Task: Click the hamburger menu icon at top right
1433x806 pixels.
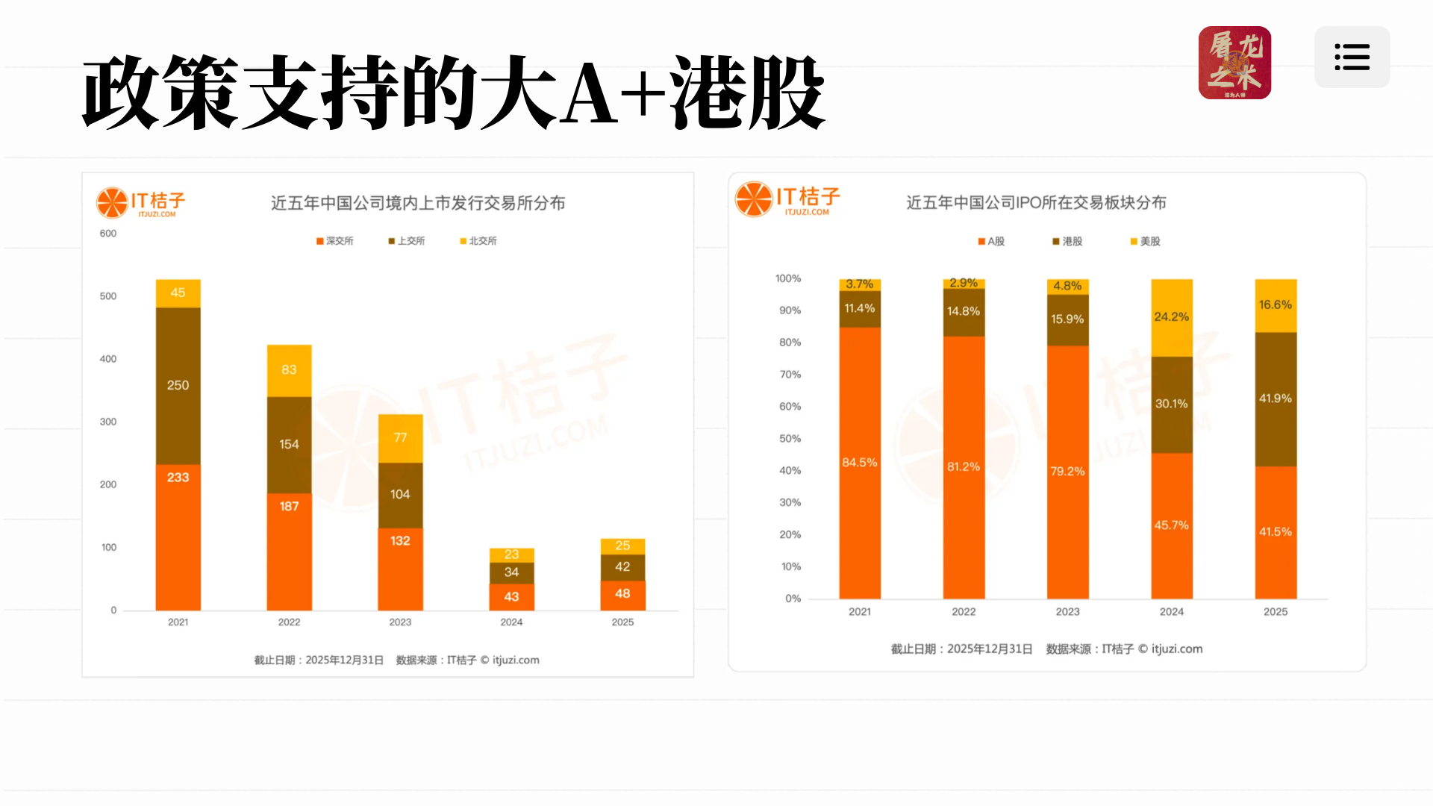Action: pyautogui.click(x=1352, y=57)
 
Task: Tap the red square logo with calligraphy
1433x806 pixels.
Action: pyautogui.click(x=1234, y=63)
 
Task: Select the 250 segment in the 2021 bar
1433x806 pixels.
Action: pyautogui.click(x=178, y=386)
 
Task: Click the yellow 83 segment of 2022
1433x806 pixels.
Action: pyautogui.click(x=289, y=370)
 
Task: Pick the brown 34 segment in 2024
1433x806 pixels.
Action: pyautogui.click(x=511, y=572)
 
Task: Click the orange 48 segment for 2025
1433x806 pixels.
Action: pyautogui.click(x=622, y=595)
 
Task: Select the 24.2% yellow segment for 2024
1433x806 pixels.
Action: pyautogui.click(x=1171, y=317)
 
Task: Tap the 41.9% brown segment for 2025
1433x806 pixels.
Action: pyautogui.click(x=1275, y=399)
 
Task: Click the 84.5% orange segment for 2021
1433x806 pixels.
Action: pyautogui.click(x=859, y=463)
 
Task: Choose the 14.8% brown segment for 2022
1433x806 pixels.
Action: pyautogui.click(x=963, y=311)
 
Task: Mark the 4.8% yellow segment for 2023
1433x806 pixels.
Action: pyautogui.click(x=1067, y=287)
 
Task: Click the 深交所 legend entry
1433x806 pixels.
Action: pyautogui.click(x=335, y=241)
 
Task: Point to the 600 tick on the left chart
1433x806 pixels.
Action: pyautogui.click(x=108, y=234)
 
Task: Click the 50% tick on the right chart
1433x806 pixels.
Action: pyautogui.click(x=790, y=439)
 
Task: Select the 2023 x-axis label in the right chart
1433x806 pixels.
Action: pyautogui.click(x=1067, y=612)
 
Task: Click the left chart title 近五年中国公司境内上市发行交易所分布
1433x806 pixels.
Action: pyautogui.click(x=418, y=203)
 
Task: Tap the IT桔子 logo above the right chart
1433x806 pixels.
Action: pyautogui.click(x=787, y=199)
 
